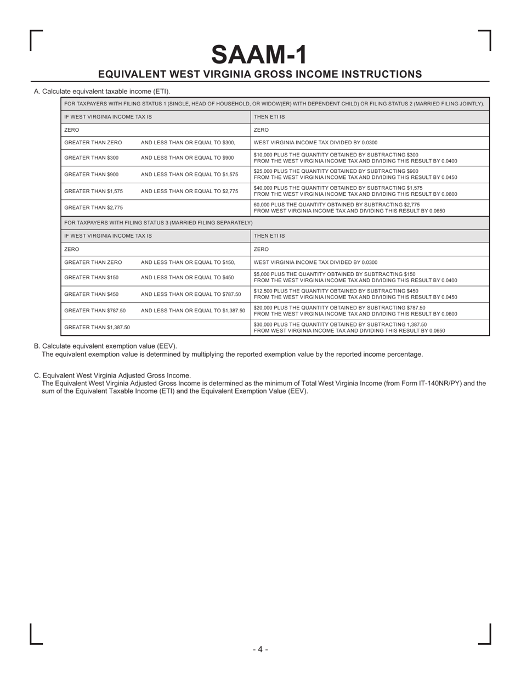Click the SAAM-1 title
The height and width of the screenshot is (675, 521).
pos(259,54)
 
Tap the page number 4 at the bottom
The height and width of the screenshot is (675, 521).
pos(260,649)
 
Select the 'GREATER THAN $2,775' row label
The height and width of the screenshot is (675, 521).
pos(93,207)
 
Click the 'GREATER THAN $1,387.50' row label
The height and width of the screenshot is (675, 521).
pos(97,327)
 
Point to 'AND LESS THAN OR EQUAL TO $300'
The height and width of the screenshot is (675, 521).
pos(188,143)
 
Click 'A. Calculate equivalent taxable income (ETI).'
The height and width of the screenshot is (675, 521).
pos(102,91)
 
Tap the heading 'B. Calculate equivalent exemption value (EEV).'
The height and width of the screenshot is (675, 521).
pos(105,346)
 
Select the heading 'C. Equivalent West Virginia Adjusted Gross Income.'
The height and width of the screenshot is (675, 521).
pos(112,375)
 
